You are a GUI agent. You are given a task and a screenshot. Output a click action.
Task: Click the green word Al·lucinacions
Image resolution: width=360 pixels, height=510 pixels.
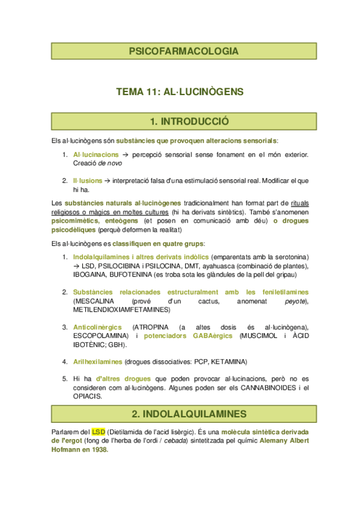pos(96,155)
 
